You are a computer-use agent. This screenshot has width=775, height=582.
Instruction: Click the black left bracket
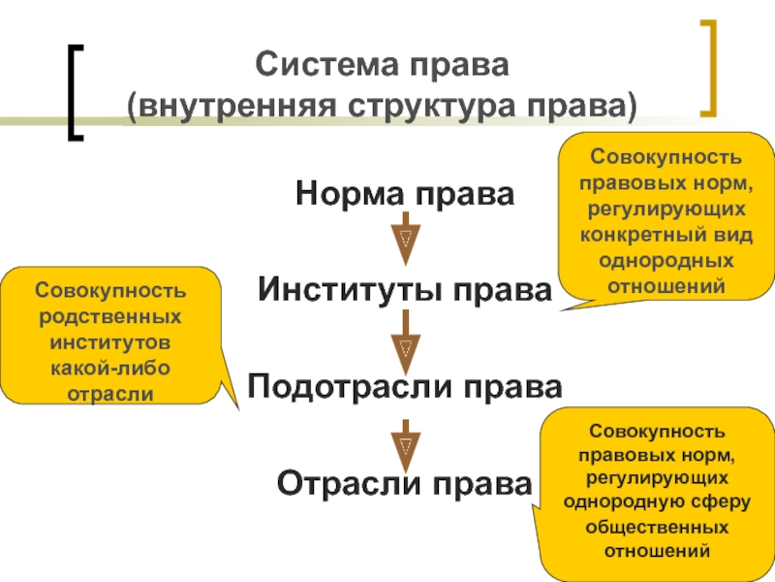(75, 92)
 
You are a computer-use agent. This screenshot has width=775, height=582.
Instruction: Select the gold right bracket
(710, 65)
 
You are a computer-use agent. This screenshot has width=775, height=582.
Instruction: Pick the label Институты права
(405, 289)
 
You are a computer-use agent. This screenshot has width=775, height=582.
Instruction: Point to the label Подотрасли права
(405, 386)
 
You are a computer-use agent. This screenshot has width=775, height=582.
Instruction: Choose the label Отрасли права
(405, 482)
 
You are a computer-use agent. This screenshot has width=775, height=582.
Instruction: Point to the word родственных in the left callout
(109, 317)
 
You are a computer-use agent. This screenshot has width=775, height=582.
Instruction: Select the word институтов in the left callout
(109, 343)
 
